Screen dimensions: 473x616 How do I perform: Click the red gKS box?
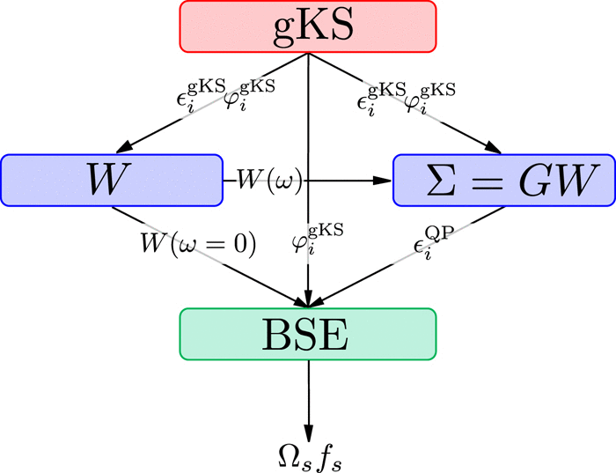(308, 26)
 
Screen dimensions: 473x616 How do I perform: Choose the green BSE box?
(308, 334)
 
